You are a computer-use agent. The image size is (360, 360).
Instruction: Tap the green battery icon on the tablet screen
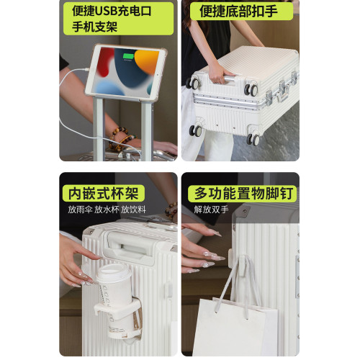coord(128,57)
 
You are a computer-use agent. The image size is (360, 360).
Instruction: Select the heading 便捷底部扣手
coord(238,11)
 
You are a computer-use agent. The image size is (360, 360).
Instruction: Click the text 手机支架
coord(94,26)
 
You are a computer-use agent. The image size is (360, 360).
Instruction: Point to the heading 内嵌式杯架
coord(104,193)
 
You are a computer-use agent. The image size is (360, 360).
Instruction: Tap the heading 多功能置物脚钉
coord(243,193)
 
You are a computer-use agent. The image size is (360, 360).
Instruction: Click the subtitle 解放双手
coord(211,210)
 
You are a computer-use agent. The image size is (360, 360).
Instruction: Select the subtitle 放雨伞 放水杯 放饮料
coord(107,210)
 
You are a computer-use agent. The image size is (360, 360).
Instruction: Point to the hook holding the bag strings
coord(243,264)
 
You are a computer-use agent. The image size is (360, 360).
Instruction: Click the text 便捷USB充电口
coord(112,11)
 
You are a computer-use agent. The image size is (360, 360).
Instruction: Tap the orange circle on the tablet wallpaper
coord(146,60)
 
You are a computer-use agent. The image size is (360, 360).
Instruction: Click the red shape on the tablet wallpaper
coord(105,62)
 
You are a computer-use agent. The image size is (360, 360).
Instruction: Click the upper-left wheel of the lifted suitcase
coord(194,84)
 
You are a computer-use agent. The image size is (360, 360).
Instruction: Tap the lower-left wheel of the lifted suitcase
coord(196,130)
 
